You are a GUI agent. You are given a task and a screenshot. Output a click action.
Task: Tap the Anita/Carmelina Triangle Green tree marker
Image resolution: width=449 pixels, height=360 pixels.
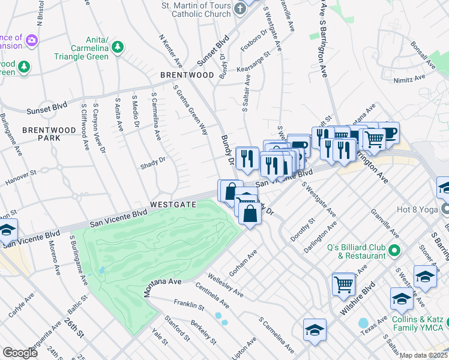pyautogui.click(x=118, y=47)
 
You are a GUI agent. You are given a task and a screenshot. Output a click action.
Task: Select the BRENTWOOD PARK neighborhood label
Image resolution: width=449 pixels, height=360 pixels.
pyautogui.click(x=41, y=133)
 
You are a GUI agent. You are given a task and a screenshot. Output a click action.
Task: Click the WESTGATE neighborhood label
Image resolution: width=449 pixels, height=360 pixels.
pyautogui.click(x=173, y=204)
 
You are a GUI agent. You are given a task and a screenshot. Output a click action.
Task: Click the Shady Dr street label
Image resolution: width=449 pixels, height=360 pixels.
pyautogui.click(x=152, y=161)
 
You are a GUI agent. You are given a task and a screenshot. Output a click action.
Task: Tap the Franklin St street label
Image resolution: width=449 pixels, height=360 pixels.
pyautogui.click(x=185, y=304)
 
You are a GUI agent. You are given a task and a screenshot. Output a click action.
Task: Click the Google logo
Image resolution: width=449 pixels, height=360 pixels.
pyautogui.click(x=20, y=352)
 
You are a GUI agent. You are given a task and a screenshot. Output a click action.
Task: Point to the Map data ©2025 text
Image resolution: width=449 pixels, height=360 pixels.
pyautogui.click(x=423, y=355)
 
